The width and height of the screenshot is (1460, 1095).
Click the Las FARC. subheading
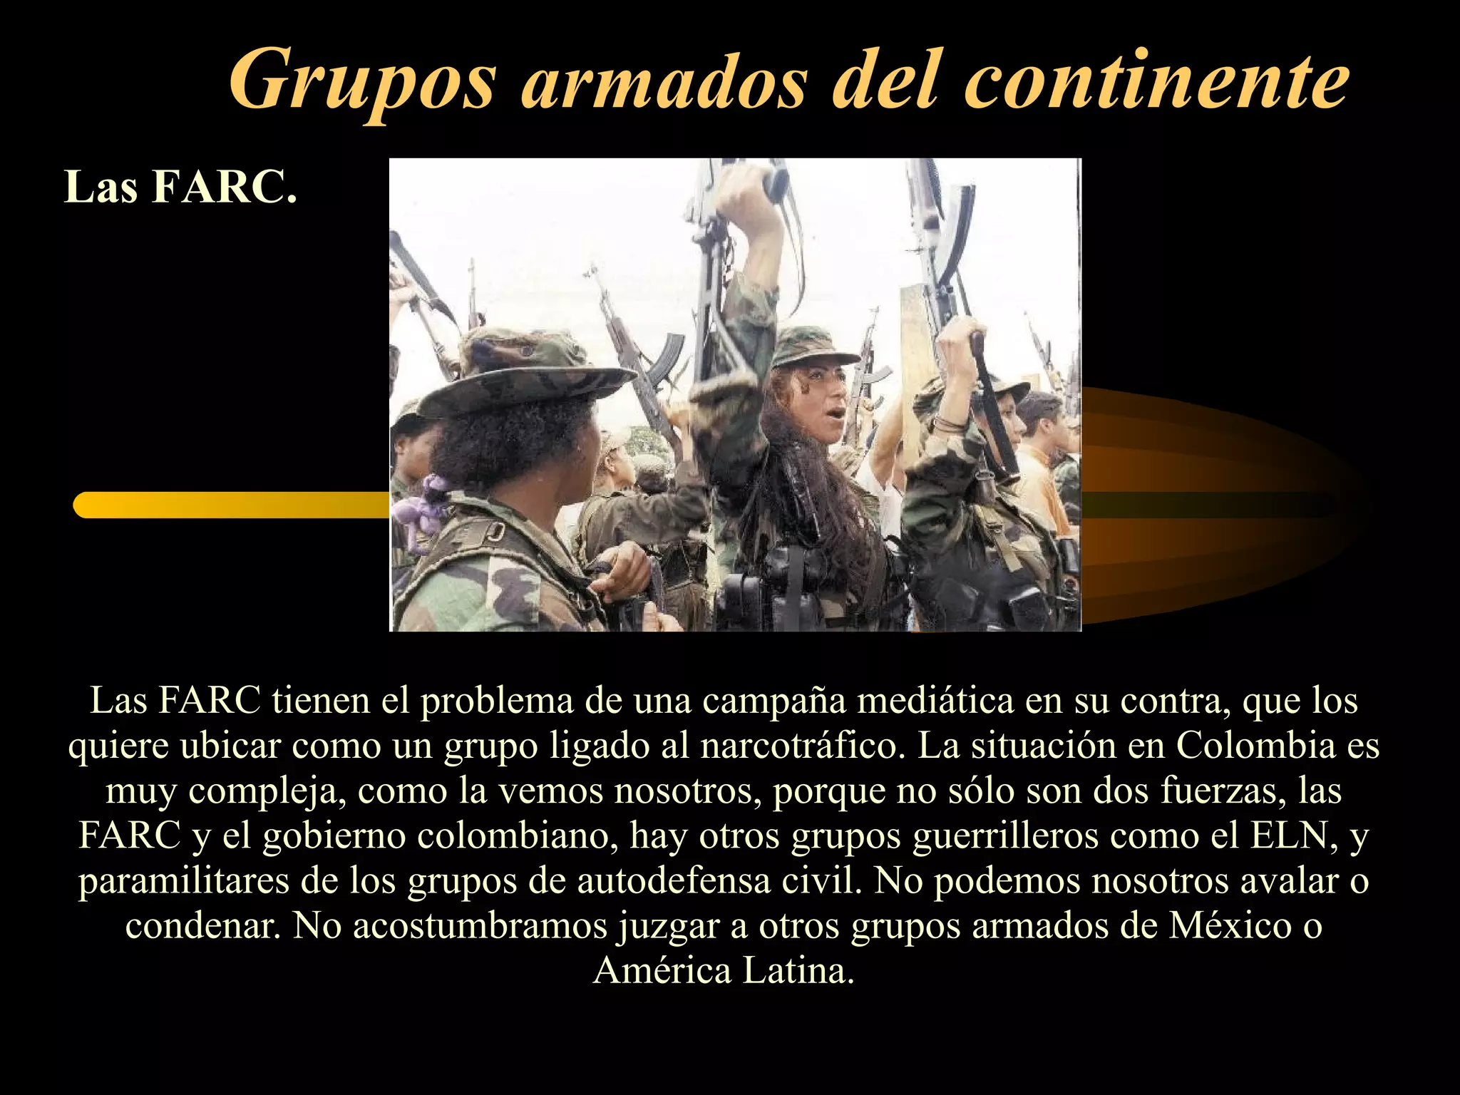180,187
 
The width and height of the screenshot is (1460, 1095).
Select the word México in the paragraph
1230,925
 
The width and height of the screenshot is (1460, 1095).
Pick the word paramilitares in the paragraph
183,881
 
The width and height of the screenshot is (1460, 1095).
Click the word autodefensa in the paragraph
674,881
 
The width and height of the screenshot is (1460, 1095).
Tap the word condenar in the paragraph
202,925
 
